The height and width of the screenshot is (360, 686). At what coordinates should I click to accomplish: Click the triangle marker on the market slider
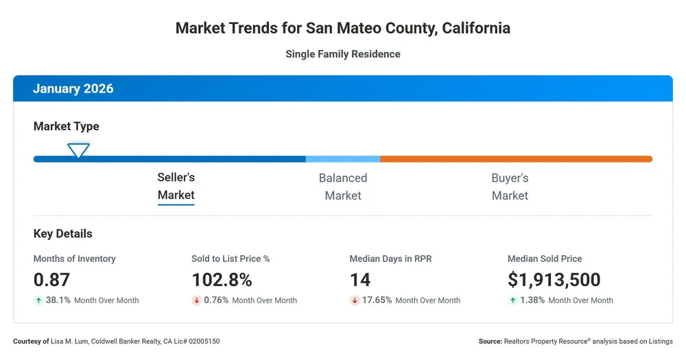[x=78, y=150]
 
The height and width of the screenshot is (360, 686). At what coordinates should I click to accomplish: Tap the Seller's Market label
[x=176, y=187]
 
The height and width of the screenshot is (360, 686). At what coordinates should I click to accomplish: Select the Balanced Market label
[x=343, y=187]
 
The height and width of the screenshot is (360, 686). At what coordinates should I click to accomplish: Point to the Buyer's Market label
[x=510, y=187]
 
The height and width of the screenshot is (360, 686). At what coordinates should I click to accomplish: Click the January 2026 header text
[x=73, y=88]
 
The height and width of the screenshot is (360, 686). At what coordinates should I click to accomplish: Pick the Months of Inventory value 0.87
[x=51, y=280]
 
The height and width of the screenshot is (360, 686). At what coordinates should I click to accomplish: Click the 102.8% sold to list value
[x=222, y=280]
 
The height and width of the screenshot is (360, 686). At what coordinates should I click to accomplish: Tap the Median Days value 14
[x=360, y=280]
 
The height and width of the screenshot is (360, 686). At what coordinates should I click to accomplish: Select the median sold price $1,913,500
[x=554, y=280]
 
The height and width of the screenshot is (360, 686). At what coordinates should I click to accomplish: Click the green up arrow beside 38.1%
[x=38, y=300]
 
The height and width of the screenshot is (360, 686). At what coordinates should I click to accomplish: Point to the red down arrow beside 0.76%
[x=196, y=300]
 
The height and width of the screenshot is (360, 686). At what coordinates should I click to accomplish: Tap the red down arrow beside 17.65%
[x=355, y=300]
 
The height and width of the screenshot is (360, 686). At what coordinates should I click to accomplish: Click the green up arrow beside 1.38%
[x=512, y=300]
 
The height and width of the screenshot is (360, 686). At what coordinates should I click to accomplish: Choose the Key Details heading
[x=62, y=234]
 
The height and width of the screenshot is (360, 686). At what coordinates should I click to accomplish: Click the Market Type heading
[x=66, y=126]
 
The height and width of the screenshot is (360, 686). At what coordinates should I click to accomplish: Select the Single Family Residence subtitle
[x=343, y=54]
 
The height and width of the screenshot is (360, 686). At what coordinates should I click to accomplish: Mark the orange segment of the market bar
[x=517, y=159]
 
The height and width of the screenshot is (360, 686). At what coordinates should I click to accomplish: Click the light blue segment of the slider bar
[x=343, y=159]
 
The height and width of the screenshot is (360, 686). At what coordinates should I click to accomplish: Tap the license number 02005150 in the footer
[x=204, y=341]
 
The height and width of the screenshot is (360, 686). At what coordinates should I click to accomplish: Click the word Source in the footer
[x=490, y=341]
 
